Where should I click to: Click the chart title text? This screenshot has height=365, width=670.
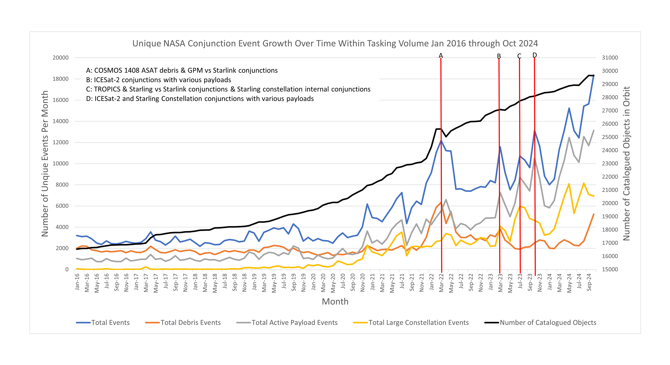(335, 43)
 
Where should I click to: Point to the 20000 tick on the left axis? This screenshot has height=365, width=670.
(61, 58)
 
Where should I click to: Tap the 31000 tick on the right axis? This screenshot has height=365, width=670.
(610, 58)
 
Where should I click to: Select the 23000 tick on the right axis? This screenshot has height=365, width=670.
(610, 163)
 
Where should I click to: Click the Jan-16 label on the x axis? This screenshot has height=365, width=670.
(77, 282)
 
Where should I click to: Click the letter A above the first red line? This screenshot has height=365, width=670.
(441, 56)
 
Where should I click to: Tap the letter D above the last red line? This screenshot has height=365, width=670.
(534, 55)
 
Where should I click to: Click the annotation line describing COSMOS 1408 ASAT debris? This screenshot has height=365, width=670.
(182, 70)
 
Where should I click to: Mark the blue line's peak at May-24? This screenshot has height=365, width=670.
(569, 108)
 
